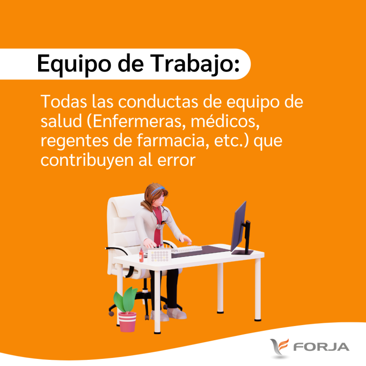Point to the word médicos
(225, 122)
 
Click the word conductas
(158, 102)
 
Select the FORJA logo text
(321, 347)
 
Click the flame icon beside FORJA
(279, 347)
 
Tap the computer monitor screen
(239, 226)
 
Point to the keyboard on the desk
(186, 249)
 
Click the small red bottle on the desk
(141, 255)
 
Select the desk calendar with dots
(160, 255)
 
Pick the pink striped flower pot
(127, 322)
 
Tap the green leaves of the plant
(125, 300)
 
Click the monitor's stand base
(242, 252)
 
